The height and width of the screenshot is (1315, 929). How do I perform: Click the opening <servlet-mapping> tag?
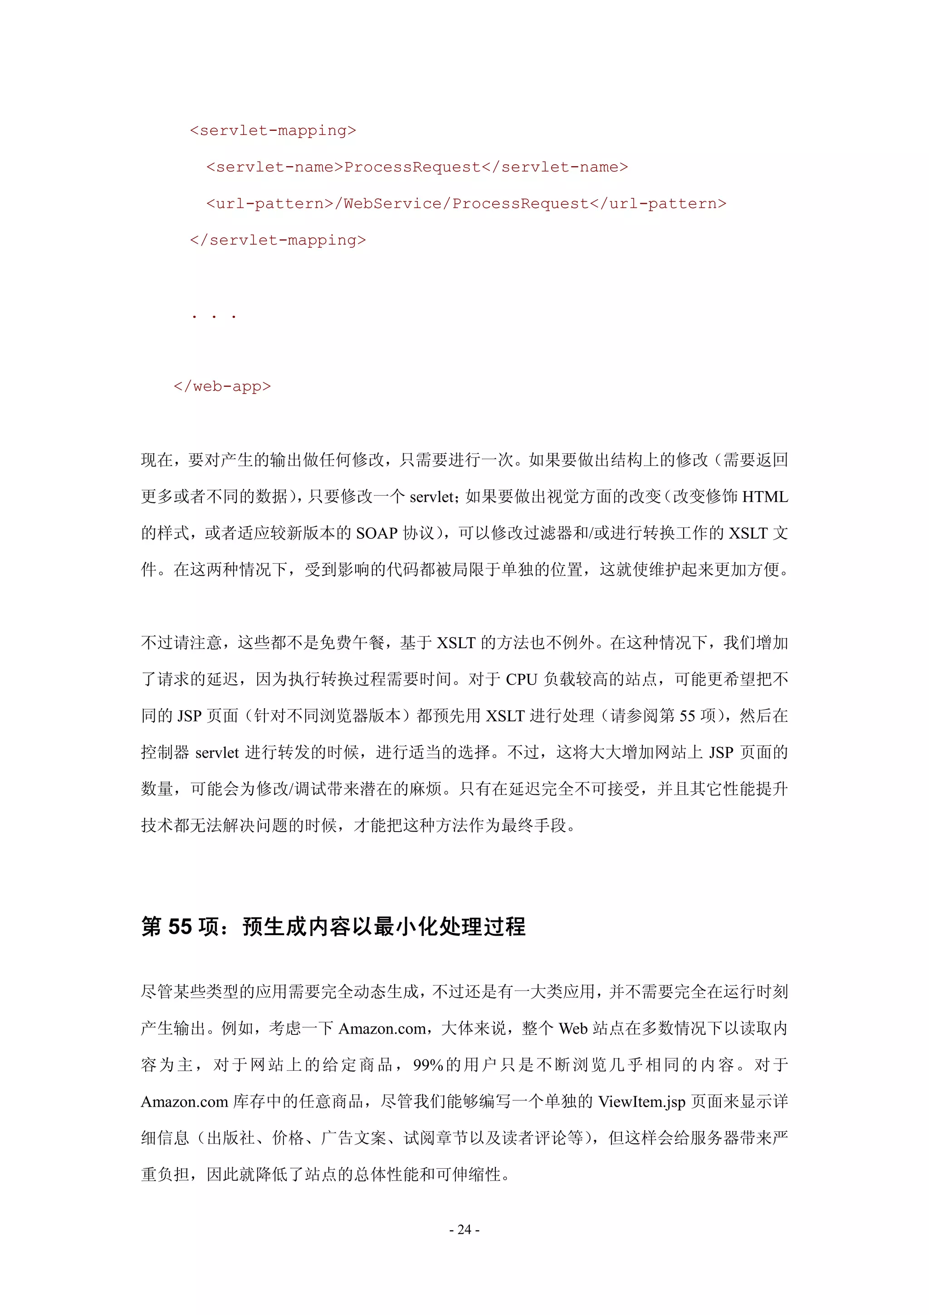click(x=273, y=131)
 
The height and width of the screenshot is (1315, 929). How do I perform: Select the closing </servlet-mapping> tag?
click(x=278, y=240)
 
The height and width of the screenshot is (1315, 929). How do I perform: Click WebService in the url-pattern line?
click(x=393, y=204)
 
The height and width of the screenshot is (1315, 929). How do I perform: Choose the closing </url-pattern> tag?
click(x=658, y=204)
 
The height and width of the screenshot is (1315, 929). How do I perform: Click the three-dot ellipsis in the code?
click(x=214, y=315)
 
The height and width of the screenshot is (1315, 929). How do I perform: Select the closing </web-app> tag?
click(x=222, y=387)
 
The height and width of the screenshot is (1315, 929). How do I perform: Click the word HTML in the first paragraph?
click(x=765, y=497)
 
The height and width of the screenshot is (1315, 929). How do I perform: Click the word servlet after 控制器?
click(x=217, y=753)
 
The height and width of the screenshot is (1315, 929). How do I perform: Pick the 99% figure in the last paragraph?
click(x=428, y=1065)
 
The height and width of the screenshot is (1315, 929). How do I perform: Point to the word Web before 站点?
click(x=573, y=1028)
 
